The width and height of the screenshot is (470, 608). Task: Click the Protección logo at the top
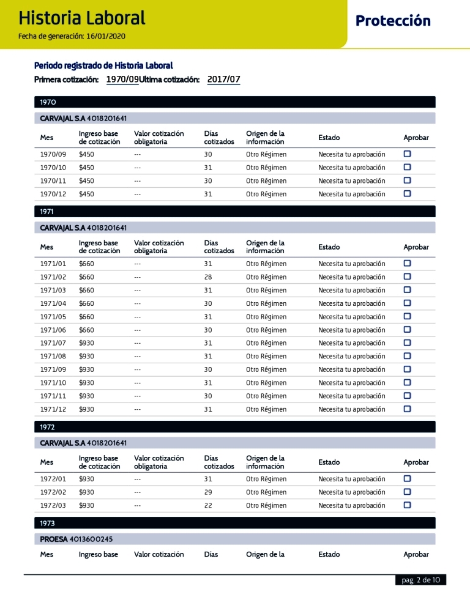pos(393,21)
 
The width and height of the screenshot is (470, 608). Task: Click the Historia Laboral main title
pos(82,18)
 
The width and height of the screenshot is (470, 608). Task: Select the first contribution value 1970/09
pos(122,80)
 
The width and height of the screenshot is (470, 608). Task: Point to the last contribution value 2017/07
pos(224,80)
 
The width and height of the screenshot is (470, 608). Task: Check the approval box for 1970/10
pos(407,167)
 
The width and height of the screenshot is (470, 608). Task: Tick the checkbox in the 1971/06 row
pos(407,330)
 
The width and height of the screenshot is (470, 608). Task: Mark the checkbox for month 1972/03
pos(407,505)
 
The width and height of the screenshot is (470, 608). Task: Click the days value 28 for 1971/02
pos(208,277)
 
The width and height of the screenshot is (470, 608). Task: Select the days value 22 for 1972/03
pos(208,506)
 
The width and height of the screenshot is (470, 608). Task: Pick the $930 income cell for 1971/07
pos(86,343)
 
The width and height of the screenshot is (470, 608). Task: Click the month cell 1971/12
pos(53,409)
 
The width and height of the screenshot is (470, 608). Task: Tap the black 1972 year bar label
pos(48,427)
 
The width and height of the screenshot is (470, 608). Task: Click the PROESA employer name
pos(53,539)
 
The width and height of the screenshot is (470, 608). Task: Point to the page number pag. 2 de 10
pos(420,580)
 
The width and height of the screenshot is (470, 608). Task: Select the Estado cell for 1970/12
pos(351,195)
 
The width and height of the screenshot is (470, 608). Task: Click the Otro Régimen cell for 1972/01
pos(266,479)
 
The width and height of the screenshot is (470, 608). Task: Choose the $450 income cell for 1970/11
pos(86,181)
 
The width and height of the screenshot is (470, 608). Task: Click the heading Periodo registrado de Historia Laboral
pos(103,65)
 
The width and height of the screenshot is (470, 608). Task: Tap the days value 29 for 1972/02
pos(208,492)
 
